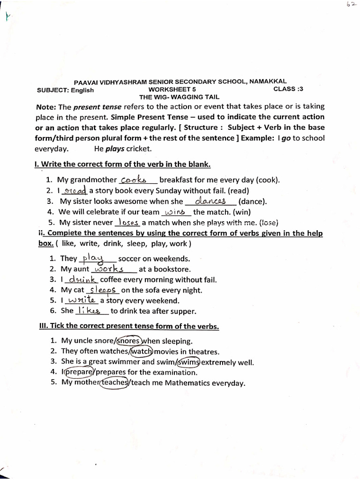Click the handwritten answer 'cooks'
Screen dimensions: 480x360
click(x=134, y=180)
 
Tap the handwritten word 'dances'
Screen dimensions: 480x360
click(x=210, y=201)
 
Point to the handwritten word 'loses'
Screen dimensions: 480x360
click(x=128, y=222)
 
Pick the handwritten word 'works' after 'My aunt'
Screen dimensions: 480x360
click(x=109, y=269)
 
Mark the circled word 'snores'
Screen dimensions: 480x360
click(x=130, y=341)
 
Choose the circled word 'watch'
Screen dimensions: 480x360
click(x=142, y=352)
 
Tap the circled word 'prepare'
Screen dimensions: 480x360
click(x=79, y=373)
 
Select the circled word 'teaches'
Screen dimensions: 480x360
click(x=115, y=383)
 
